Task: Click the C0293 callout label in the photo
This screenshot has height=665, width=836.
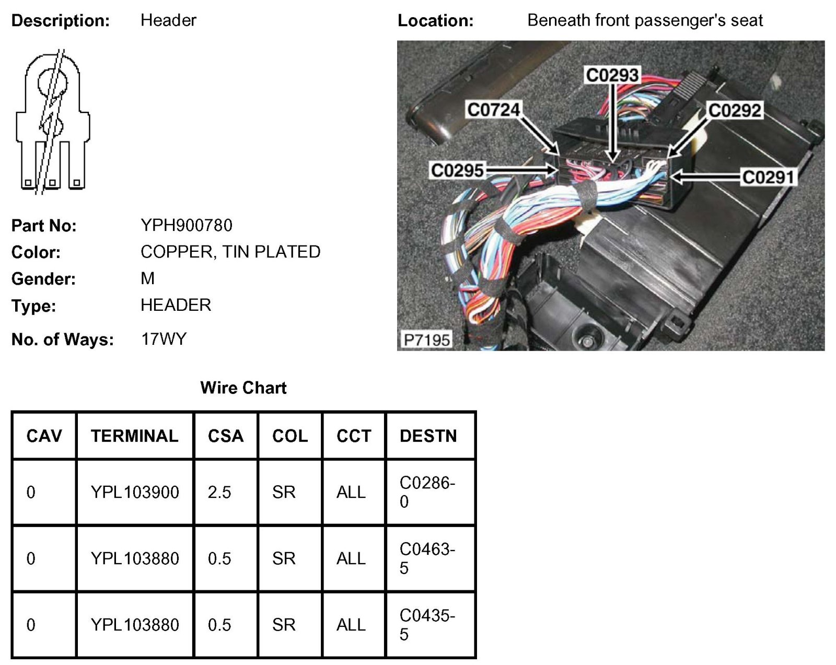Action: click(x=612, y=75)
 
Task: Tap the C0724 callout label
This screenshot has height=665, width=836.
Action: click(x=493, y=110)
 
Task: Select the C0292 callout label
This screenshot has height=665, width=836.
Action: click(x=734, y=110)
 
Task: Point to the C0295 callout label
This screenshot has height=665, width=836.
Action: click(x=457, y=170)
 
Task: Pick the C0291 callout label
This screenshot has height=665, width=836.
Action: click(x=768, y=177)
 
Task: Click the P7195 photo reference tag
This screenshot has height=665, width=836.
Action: click(x=426, y=340)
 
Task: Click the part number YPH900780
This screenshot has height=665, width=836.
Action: click(x=186, y=225)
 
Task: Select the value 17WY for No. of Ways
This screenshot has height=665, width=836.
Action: click(x=164, y=339)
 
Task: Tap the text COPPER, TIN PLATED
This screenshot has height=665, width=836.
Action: click(x=230, y=252)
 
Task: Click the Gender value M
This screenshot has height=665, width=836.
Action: click(x=147, y=278)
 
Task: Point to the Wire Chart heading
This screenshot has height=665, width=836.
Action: click(x=243, y=388)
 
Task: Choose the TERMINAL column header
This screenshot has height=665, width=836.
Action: click(x=134, y=436)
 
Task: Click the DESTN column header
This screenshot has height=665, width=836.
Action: click(x=428, y=436)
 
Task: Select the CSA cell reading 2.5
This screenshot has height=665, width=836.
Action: click(x=219, y=492)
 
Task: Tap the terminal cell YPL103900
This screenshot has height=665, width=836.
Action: click(x=134, y=492)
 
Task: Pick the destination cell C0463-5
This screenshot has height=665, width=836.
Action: click(x=427, y=558)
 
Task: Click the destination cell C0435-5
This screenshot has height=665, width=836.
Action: click(x=427, y=625)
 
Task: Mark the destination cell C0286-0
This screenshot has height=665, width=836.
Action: click(x=427, y=492)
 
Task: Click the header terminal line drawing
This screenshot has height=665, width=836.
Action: click(x=52, y=121)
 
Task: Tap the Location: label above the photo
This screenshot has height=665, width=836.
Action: click(x=435, y=21)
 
